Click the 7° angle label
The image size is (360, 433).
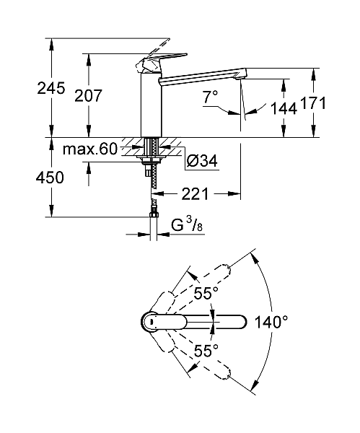[210, 96]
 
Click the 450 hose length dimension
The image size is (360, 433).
[35, 178]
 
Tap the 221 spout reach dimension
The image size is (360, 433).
[196, 193]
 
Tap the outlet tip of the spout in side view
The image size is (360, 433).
[242, 73]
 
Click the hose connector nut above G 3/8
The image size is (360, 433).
[153, 213]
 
